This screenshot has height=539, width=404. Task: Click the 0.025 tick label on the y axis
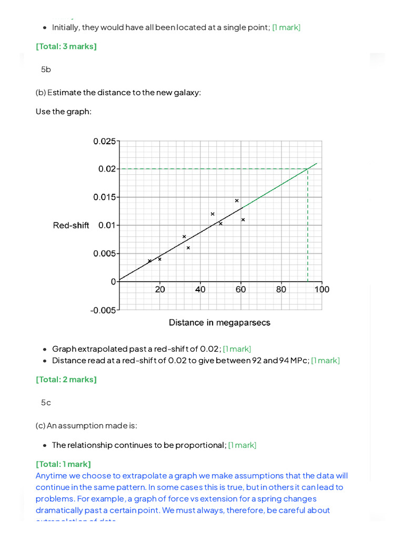[x=104, y=141]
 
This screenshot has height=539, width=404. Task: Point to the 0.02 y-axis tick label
[x=107, y=169]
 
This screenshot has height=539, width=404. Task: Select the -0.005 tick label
[x=103, y=310]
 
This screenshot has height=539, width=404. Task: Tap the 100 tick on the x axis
[x=322, y=289]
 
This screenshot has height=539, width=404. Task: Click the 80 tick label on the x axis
[x=281, y=289]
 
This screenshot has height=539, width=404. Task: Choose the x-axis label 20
[x=160, y=289]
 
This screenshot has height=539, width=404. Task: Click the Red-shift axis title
[x=71, y=225]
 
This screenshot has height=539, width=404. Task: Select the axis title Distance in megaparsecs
[x=219, y=322]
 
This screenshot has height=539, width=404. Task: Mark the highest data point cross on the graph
[x=237, y=201]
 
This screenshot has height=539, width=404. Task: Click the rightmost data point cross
[x=243, y=219]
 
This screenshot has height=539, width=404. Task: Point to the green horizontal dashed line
[x=210, y=169]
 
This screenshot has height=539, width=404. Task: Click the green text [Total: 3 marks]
[x=66, y=46]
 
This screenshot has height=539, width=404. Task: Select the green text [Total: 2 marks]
[x=66, y=379]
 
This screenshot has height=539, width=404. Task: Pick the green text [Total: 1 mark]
[x=63, y=464]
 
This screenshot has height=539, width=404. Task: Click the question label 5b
[x=46, y=69]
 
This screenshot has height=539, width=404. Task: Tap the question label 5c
[x=46, y=403]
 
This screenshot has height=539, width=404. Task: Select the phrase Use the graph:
[x=64, y=111]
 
